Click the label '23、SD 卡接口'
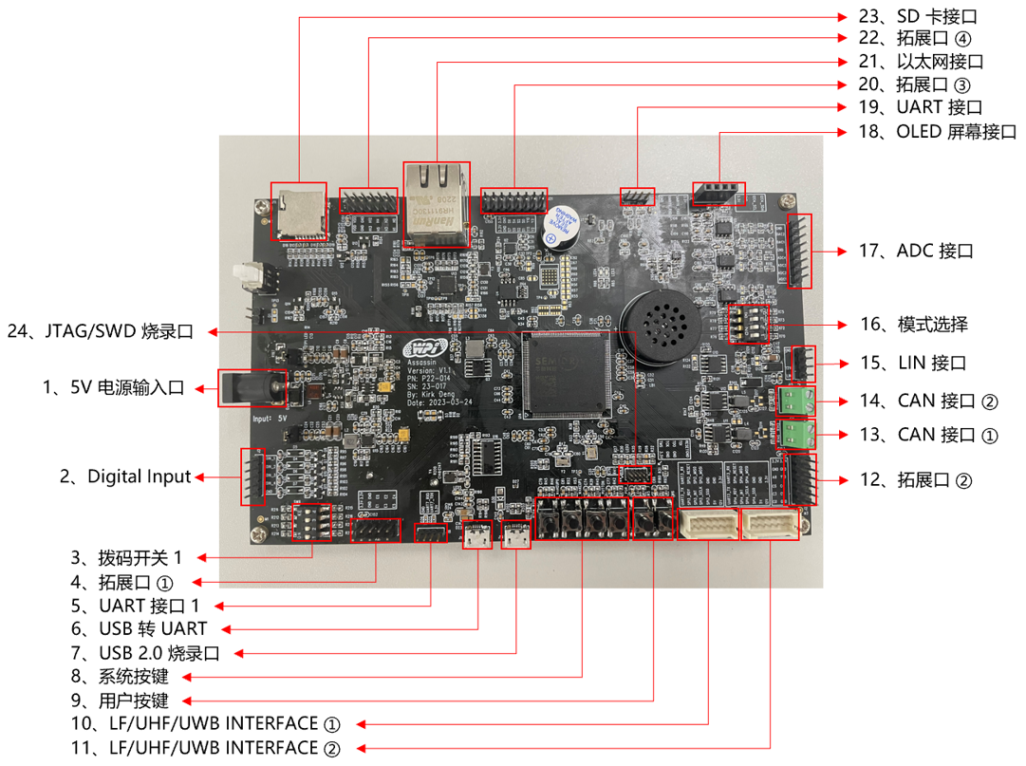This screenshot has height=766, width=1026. [x=915, y=17]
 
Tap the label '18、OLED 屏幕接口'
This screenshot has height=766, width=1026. [x=936, y=132]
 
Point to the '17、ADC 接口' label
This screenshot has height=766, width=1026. [x=916, y=252]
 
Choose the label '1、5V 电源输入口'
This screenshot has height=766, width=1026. [x=113, y=387]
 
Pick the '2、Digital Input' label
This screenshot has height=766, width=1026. [x=125, y=476]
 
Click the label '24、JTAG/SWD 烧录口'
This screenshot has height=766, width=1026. [x=100, y=332]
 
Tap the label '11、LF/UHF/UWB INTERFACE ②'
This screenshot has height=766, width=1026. [x=207, y=748]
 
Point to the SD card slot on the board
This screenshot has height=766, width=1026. [x=299, y=211]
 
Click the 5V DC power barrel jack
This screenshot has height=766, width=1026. [x=251, y=388]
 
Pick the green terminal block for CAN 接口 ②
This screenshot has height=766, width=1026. [x=796, y=401]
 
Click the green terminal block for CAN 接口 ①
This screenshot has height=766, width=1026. [x=796, y=434]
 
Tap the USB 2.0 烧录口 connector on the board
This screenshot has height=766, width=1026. [x=516, y=536]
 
